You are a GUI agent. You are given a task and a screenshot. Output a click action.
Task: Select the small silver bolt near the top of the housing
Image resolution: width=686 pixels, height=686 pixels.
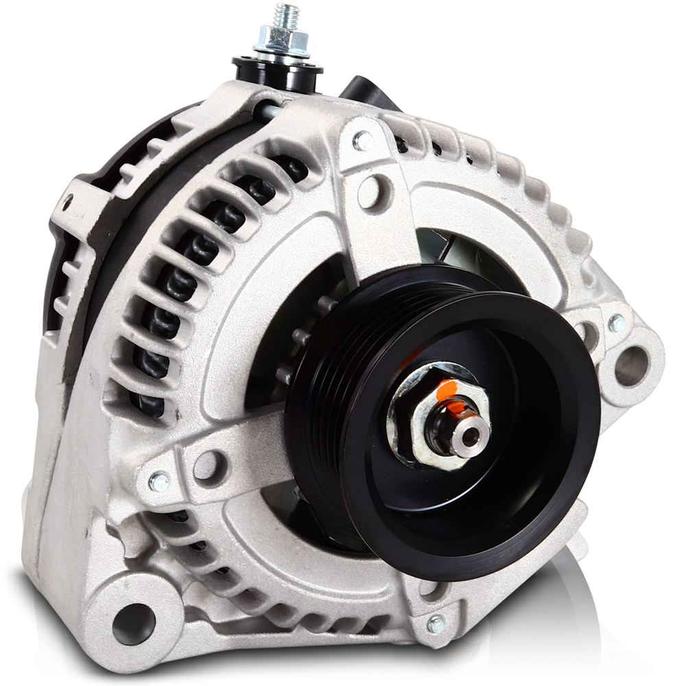(x=363, y=141)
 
